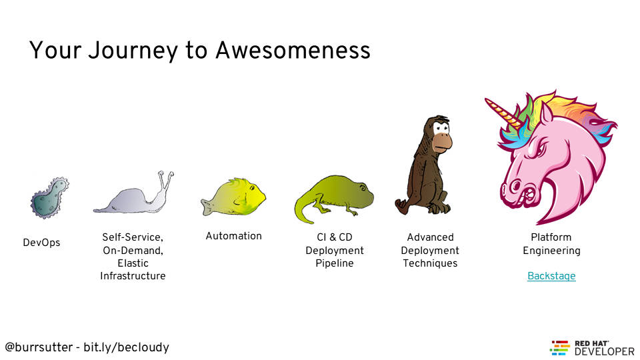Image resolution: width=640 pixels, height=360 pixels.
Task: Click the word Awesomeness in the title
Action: tap(293, 50)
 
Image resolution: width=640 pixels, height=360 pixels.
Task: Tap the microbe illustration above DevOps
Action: tap(49, 198)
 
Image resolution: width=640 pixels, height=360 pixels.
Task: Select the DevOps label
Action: tap(41, 243)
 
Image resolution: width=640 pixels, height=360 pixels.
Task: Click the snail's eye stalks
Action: tap(165, 181)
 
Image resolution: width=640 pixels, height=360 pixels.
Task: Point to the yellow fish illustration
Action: tap(233, 197)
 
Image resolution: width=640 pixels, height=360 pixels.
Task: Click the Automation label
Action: tap(233, 236)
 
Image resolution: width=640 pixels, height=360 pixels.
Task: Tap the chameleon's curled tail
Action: tap(304, 210)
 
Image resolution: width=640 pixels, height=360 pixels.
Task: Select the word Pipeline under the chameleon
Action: tap(334, 263)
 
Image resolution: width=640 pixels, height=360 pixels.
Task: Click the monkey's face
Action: tap(441, 135)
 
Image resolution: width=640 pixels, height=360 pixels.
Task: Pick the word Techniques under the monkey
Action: tap(430, 263)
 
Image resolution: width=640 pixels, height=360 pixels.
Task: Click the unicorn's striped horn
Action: tap(503, 111)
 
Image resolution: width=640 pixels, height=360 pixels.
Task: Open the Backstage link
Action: tap(551, 276)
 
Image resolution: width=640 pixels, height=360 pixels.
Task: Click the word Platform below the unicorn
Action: tap(551, 237)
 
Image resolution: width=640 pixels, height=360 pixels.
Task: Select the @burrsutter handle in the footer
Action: tap(39, 347)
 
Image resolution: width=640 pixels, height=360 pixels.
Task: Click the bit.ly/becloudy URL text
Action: tap(126, 347)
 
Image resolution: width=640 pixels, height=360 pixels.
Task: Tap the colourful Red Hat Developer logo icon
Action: tap(559, 348)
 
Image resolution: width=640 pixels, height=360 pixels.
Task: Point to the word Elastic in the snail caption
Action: tap(133, 263)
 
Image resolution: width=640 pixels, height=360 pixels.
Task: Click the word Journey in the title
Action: tap(133, 51)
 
